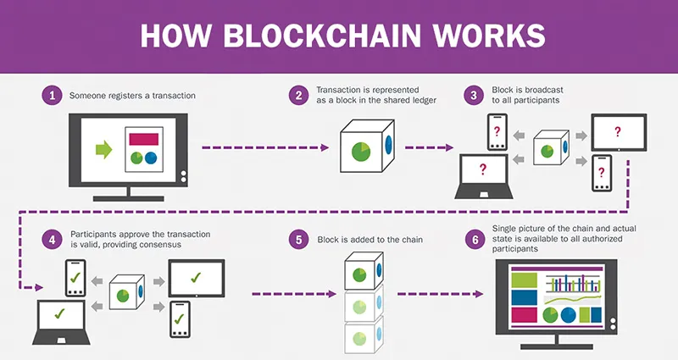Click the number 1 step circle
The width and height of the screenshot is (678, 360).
[53, 96]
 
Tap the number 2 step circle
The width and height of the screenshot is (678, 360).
[298, 96]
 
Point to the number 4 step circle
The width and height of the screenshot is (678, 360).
[53, 240]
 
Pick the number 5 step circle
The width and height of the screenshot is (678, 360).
[298, 240]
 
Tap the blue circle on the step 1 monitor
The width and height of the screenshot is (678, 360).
[151, 158]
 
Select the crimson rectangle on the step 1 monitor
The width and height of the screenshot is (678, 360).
[142, 138]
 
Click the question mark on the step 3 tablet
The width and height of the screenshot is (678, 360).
[618, 131]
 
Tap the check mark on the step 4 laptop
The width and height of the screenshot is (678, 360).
[59, 314]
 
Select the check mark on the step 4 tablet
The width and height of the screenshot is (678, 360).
[196, 277]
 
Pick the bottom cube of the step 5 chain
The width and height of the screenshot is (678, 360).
[364, 336]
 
